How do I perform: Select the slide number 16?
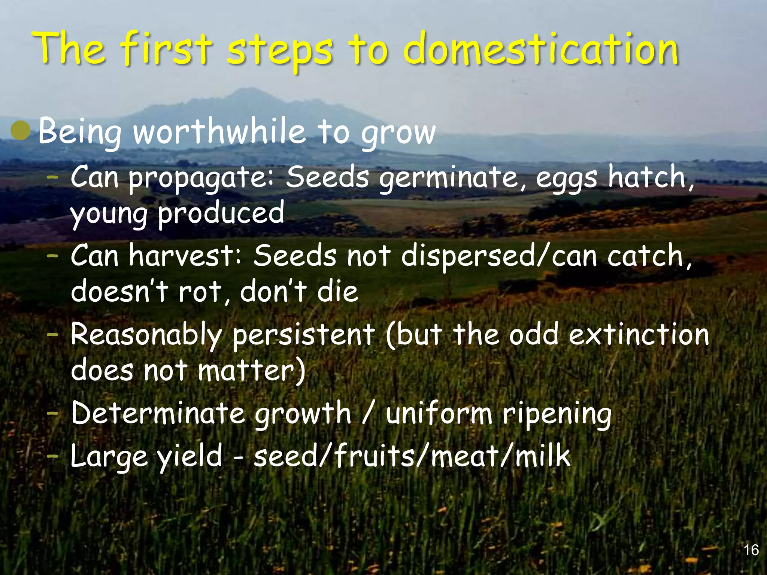[x=751, y=550]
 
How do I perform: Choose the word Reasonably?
[x=146, y=335]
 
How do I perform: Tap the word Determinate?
[x=157, y=413]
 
